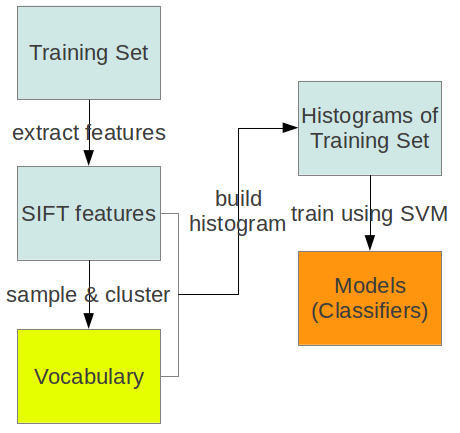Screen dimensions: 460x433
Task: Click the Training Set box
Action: (x=89, y=53)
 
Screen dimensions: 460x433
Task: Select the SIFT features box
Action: (x=89, y=213)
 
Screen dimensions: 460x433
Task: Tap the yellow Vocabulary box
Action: (x=89, y=377)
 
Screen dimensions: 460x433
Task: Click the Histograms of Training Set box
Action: (x=370, y=128)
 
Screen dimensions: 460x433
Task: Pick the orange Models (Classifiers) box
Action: (x=370, y=298)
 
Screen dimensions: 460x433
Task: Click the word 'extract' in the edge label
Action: (x=46, y=133)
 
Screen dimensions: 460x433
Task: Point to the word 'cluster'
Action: (x=138, y=295)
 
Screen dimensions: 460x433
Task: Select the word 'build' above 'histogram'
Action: (x=239, y=199)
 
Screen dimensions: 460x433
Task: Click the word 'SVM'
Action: (x=424, y=213)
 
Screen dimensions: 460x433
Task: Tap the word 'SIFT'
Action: (x=45, y=213)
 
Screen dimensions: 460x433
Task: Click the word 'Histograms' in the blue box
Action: (x=357, y=116)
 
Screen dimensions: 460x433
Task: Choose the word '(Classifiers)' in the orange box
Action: (x=370, y=311)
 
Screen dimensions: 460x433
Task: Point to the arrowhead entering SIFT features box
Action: (x=89, y=158)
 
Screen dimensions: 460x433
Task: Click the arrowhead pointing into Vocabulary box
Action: (x=89, y=321)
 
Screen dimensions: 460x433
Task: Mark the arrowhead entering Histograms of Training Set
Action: (x=290, y=128)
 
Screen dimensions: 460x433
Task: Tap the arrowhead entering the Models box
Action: (x=370, y=243)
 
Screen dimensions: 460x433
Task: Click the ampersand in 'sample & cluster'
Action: (x=91, y=295)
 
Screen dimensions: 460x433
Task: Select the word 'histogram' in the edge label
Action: (x=238, y=224)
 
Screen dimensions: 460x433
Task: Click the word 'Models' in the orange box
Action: (x=370, y=286)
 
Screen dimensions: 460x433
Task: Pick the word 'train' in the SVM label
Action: (x=313, y=213)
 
